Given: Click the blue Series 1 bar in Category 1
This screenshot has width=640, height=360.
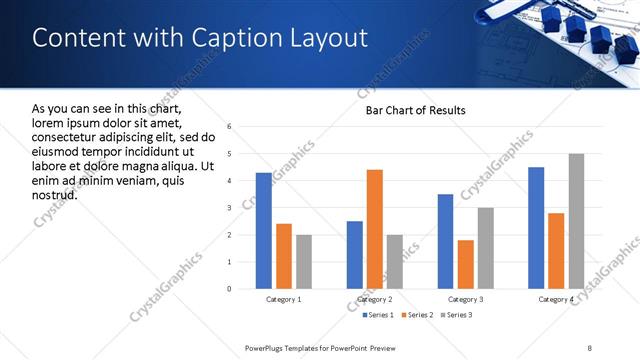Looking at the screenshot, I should [264, 231].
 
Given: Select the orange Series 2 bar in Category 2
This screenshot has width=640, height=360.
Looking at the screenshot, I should [375, 229].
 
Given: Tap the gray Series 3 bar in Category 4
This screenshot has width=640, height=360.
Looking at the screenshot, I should [576, 221].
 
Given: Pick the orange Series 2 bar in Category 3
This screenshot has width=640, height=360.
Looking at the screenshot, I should [466, 264].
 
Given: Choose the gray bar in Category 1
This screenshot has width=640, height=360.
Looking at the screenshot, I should [304, 262].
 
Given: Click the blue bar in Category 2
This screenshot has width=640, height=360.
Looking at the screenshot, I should [355, 255].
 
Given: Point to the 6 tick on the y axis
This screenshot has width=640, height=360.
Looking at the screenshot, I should [230, 127].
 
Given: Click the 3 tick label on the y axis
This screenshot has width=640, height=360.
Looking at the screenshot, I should [230, 208].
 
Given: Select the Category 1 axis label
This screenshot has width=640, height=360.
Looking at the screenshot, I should [284, 299].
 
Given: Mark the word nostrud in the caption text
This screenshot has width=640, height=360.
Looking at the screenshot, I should [55, 194].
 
